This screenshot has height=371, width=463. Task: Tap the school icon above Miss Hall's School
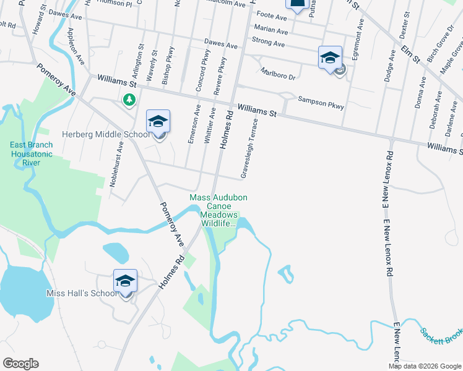point(126,281)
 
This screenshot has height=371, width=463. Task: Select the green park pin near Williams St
point(129,100)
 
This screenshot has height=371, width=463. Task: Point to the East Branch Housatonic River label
point(31,154)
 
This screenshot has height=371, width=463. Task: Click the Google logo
point(20,363)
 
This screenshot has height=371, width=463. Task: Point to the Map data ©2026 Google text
point(425,366)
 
